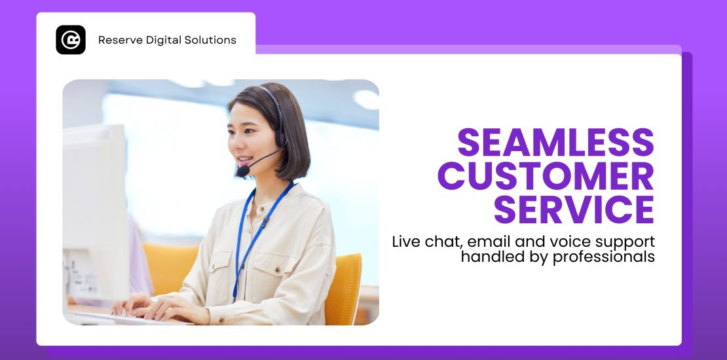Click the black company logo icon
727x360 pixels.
pyautogui.click(x=71, y=40)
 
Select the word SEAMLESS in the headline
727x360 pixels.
pyautogui.click(x=555, y=142)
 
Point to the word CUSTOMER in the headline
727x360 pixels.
pyautogui.click(x=546, y=176)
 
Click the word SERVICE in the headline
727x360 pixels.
pyautogui.click(x=574, y=210)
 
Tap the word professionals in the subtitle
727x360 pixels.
pyautogui.click(x=604, y=257)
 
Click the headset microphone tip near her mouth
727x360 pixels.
pyautogui.click(x=242, y=171)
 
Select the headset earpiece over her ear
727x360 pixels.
pyautogui.click(x=280, y=137)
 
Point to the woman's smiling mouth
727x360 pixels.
pyautogui.click(x=245, y=159)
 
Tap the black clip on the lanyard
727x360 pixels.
pyautogui.click(x=265, y=223)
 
